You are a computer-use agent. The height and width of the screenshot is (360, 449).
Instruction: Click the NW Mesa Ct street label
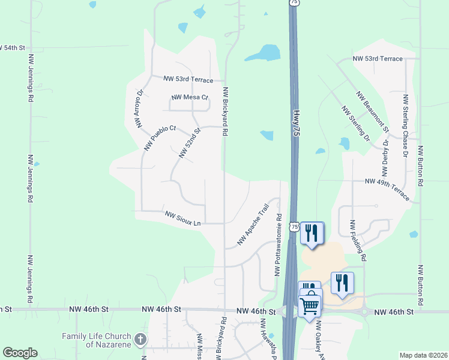(x=189, y=97)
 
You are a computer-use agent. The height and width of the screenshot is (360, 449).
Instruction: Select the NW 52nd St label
(x=189, y=143)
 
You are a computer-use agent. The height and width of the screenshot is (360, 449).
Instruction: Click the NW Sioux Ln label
(x=182, y=217)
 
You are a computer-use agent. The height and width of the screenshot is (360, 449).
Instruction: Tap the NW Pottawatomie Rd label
(x=278, y=243)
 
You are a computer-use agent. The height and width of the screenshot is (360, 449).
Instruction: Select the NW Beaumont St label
(x=372, y=112)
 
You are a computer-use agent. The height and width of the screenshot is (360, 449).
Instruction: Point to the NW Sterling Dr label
(x=356, y=124)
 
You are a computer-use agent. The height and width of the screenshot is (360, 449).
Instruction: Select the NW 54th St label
(x=14, y=47)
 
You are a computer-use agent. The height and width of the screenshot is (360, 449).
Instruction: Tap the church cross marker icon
(x=140, y=340)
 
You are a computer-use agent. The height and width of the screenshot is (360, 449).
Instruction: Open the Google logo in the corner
(x=20, y=352)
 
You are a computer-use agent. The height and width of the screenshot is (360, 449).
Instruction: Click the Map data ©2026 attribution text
(x=423, y=355)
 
